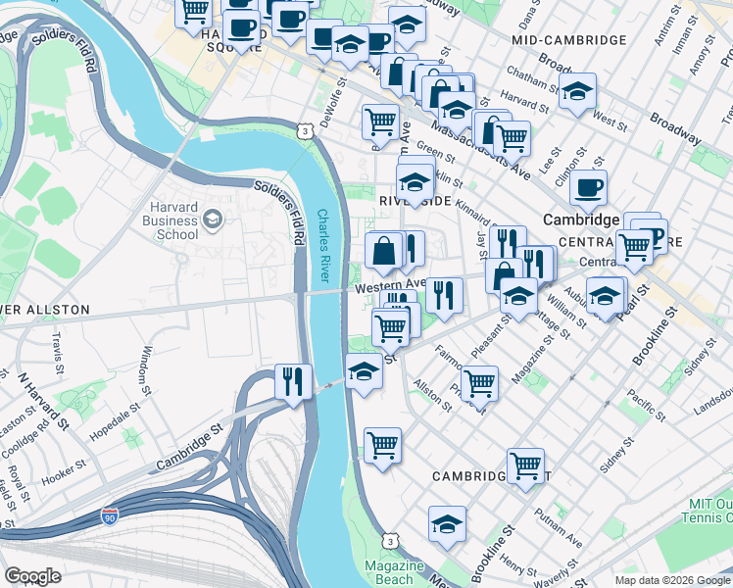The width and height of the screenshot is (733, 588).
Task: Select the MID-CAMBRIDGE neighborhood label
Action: (568, 40)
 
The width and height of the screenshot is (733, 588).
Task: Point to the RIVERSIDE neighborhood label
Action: (415, 200)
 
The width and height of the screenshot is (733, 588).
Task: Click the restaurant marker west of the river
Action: (293, 381)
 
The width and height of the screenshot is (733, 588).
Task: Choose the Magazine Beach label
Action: (393, 573)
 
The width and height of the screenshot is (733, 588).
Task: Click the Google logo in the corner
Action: (32, 576)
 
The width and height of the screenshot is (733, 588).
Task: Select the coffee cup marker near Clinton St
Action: (588, 187)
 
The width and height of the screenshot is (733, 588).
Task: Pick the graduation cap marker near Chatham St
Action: (578, 91)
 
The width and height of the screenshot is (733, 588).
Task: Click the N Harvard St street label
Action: (44, 401)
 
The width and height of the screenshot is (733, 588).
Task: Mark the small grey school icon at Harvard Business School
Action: (212, 221)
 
